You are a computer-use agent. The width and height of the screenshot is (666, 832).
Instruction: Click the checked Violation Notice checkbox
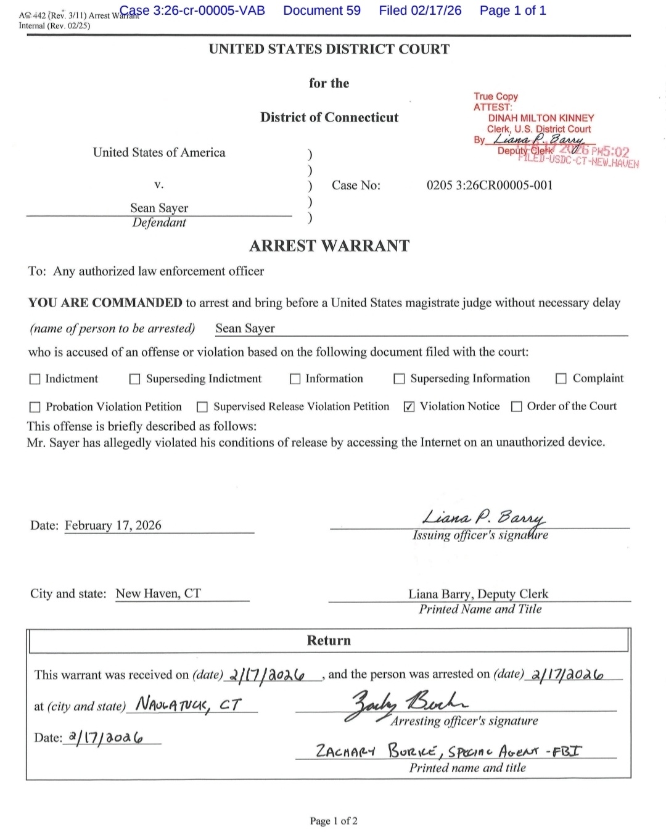409,407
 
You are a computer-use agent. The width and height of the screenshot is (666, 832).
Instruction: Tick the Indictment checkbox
35,379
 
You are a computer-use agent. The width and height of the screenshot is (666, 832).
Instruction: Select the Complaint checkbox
561,379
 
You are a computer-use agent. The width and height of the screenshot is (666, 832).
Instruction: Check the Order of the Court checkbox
517,406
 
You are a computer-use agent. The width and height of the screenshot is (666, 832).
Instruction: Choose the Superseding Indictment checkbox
135,379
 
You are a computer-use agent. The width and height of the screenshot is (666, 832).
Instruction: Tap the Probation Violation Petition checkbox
35,407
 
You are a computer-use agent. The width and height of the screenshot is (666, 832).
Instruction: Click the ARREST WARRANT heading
329,246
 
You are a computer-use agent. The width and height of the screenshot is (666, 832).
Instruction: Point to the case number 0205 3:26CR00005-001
490,185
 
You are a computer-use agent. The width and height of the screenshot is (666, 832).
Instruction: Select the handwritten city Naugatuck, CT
189,703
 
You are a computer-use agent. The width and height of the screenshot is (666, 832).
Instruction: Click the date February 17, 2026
113,525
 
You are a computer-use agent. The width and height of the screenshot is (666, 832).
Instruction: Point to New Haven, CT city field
158,593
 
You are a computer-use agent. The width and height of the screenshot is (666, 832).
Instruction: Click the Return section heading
329,641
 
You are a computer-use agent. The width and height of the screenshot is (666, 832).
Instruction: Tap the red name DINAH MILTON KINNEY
541,118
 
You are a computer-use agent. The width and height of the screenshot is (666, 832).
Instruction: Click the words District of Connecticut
329,117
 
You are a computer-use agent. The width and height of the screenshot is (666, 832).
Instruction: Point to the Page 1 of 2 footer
334,821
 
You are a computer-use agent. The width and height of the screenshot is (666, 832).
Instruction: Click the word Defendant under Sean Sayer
159,223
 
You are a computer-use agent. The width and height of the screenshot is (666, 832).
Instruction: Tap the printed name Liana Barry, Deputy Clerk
478,594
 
